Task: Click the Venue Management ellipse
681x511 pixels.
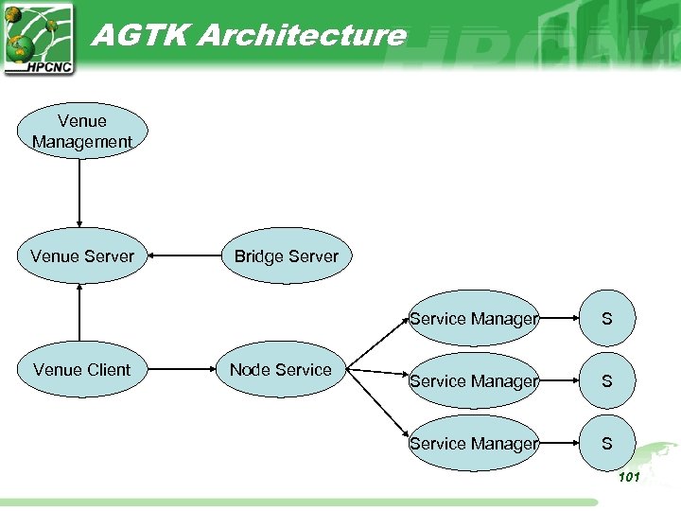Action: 82,131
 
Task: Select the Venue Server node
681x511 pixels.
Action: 82,255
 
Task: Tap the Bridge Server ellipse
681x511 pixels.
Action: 286,255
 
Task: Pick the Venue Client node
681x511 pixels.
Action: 82,369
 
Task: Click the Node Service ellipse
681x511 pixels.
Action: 281,369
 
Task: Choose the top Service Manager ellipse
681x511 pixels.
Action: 474,319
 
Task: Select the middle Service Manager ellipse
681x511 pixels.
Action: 474,381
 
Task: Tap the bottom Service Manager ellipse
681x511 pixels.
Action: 474,443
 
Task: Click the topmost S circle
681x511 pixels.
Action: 606,319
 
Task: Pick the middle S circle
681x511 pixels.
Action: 606,381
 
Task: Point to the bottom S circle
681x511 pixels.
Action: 606,443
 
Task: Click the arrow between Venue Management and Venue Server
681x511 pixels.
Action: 80,193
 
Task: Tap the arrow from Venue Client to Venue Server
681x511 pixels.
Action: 80,312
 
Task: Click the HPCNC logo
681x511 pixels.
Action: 38,38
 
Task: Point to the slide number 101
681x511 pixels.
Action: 629,477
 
